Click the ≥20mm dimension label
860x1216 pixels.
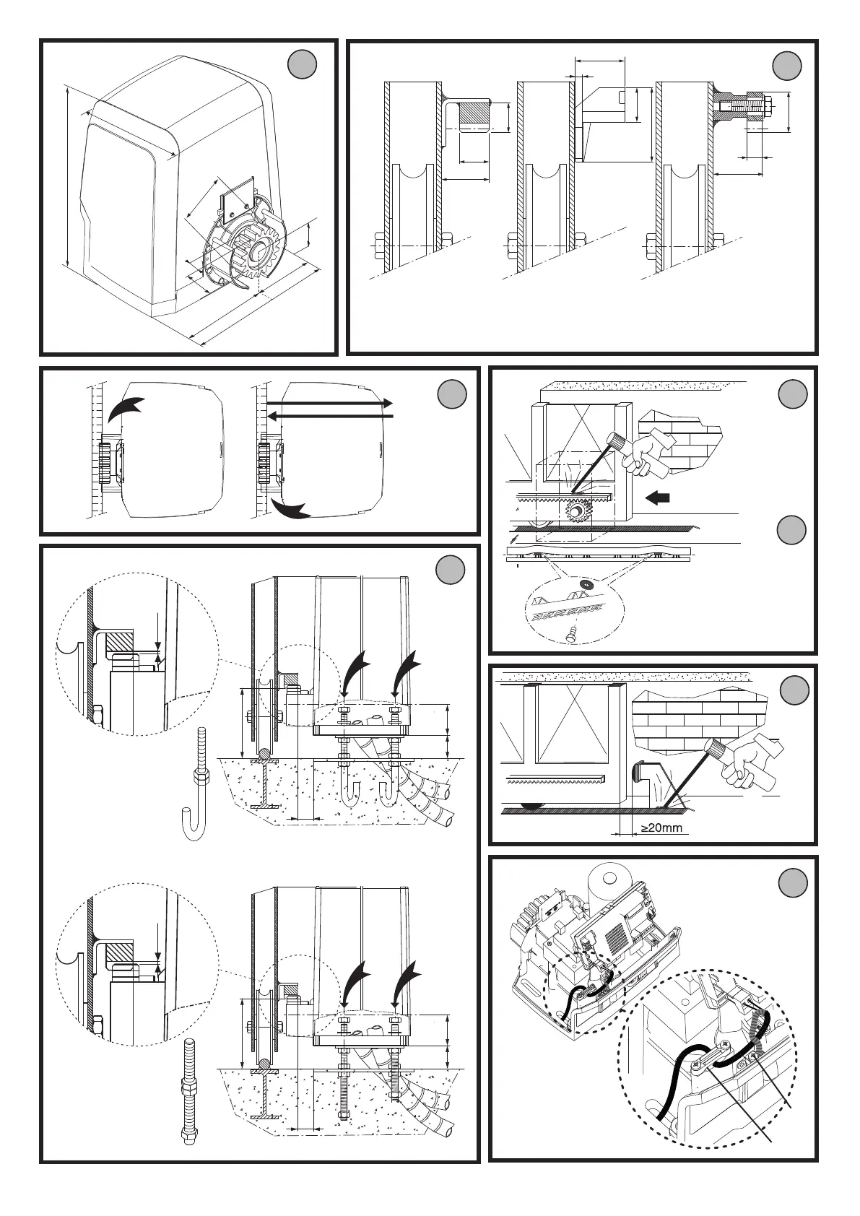point(661,828)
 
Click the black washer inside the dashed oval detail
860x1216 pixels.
point(586,583)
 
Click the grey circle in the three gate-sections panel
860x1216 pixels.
point(786,66)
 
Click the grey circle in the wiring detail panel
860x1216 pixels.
point(794,884)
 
